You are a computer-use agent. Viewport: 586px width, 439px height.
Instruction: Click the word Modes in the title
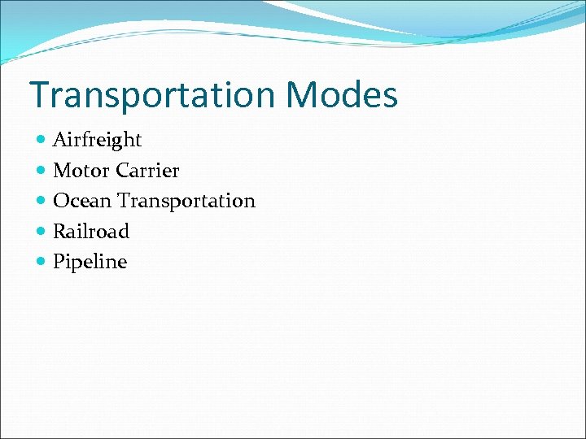click(x=342, y=95)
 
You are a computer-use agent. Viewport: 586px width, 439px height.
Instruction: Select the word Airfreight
click(x=97, y=140)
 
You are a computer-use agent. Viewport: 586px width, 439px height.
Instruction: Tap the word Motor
click(x=81, y=171)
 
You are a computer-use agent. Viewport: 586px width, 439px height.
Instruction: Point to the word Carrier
click(x=147, y=171)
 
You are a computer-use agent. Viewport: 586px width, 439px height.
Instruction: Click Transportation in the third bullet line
click(x=186, y=201)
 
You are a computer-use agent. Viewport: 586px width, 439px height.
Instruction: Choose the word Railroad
click(x=90, y=232)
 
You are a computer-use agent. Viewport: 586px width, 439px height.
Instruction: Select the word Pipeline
click(x=90, y=262)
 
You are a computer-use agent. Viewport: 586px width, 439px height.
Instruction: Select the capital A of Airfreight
click(x=59, y=140)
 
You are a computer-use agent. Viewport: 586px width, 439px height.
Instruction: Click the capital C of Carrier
click(x=123, y=171)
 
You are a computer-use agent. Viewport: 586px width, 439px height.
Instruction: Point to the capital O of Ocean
click(x=60, y=201)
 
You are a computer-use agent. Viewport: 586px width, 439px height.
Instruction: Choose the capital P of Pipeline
click(x=59, y=262)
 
